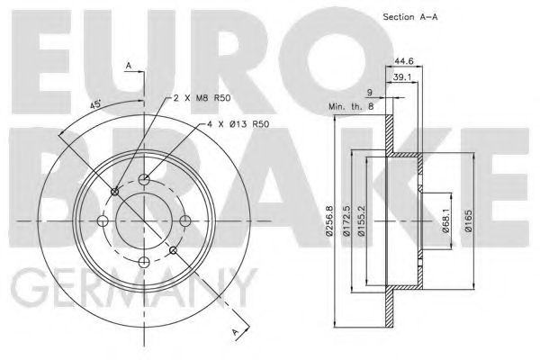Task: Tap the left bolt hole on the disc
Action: [x=102, y=220]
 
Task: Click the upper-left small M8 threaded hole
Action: [x=113, y=191]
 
